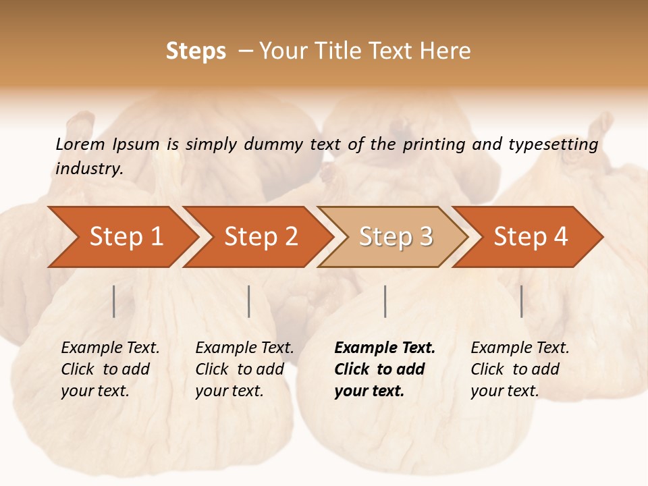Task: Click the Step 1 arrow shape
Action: point(126,237)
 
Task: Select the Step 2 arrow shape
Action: point(261,237)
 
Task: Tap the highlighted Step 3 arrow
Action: point(396,237)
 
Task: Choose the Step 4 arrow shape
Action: point(531,237)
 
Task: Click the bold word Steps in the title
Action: point(196,51)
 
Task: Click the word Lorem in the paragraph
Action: point(80,144)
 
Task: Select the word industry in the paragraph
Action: point(88,169)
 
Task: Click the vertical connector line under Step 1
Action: point(114,301)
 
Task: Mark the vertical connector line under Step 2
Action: point(249,301)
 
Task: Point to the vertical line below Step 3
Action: point(385,301)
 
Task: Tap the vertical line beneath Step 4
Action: point(522,301)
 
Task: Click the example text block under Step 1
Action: point(110,369)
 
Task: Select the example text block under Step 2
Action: point(244,369)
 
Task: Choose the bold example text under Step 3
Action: point(385,369)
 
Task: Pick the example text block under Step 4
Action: point(520,369)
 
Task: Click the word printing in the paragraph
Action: point(430,144)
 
